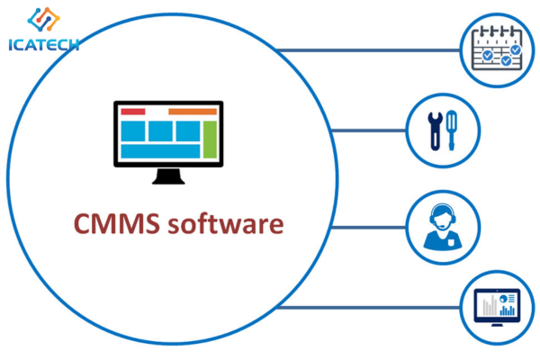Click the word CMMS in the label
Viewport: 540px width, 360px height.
(117, 223)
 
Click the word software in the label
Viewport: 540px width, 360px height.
(226, 223)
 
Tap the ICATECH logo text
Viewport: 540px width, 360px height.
(44, 45)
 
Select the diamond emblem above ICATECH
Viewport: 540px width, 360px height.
(44, 19)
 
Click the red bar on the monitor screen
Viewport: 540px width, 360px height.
(133, 112)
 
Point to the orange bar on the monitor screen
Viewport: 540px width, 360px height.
(193, 112)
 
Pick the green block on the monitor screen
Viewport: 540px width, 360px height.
(210, 139)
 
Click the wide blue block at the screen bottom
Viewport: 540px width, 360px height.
(160, 151)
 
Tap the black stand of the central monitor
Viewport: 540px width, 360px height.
(168, 176)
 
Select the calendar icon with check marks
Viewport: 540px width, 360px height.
(497, 49)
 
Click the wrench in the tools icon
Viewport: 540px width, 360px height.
(436, 131)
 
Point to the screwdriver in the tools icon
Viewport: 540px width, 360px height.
(452, 130)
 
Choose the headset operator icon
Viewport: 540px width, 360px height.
(443, 227)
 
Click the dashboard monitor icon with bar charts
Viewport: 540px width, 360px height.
(497, 307)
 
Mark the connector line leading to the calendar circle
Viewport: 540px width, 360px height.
(368, 50)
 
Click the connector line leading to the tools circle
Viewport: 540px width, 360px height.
(368, 130)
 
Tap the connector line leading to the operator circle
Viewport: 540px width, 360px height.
(368, 228)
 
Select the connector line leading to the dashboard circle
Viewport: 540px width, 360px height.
(368, 307)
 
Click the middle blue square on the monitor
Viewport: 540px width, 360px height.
(160, 130)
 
